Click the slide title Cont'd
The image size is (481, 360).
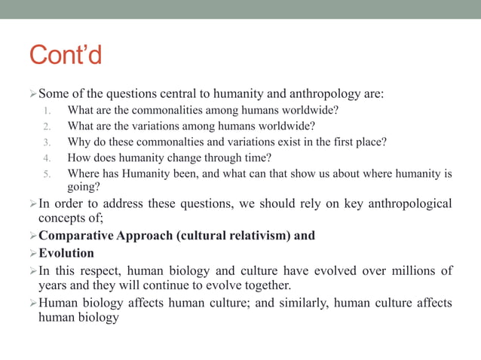point(66,55)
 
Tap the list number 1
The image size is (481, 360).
point(47,110)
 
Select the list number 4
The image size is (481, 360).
point(47,158)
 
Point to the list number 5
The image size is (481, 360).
point(47,174)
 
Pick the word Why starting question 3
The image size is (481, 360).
point(78,142)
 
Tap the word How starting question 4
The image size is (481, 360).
point(78,158)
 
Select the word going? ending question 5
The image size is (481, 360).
point(84,188)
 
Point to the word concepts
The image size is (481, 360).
point(61,218)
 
